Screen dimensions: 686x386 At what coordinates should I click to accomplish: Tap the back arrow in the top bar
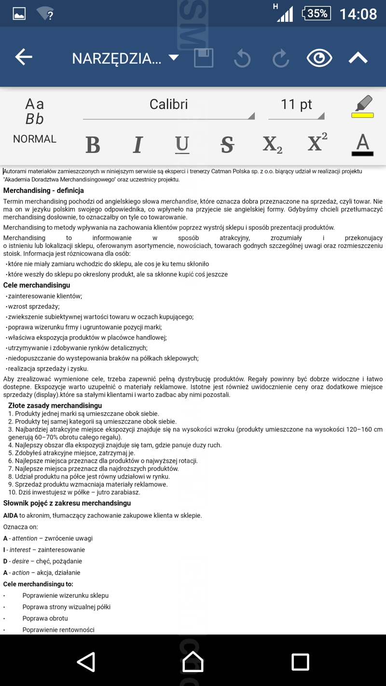click(x=23, y=57)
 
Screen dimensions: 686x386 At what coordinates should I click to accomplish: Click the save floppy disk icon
click(x=203, y=58)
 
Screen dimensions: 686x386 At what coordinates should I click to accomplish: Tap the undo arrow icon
click(x=242, y=58)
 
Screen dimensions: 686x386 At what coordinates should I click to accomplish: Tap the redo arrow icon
click(x=280, y=58)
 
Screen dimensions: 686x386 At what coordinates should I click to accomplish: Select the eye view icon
click(x=319, y=58)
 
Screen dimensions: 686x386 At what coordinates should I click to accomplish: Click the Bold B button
click(x=93, y=144)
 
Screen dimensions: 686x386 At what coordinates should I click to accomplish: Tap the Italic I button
click(x=138, y=144)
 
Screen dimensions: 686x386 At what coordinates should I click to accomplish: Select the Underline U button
click(x=182, y=144)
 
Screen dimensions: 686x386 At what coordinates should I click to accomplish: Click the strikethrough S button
click(x=227, y=144)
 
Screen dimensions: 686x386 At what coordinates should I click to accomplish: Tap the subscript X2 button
click(x=272, y=144)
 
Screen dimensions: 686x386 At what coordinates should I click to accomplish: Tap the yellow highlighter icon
click(x=362, y=107)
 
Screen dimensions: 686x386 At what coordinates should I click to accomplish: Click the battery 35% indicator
click(x=317, y=14)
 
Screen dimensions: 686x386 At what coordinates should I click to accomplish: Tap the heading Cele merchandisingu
click(x=37, y=285)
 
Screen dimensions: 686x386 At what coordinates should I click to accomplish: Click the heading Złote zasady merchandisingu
click(x=55, y=406)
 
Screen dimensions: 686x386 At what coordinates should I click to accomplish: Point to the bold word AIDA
click(x=11, y=515)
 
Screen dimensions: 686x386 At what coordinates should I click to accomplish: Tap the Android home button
click(x=193, y=661)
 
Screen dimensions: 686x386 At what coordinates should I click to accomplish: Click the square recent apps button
click(x=300, y=661)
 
